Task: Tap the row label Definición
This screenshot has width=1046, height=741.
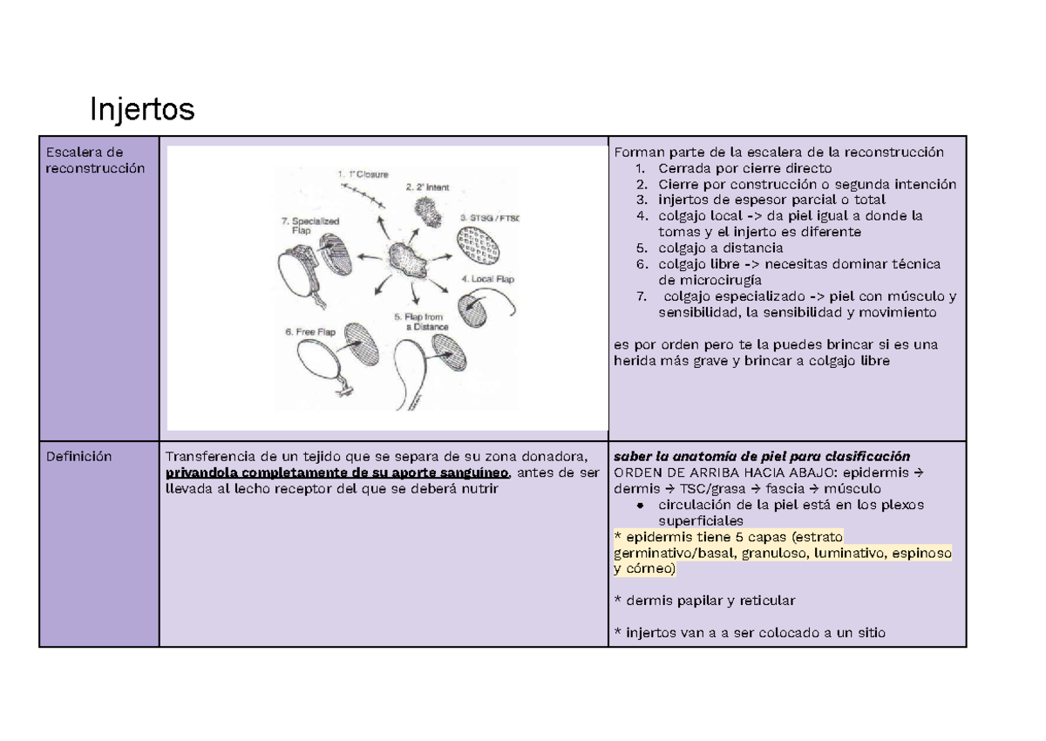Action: coord(81,456)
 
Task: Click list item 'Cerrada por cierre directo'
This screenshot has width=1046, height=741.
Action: coord(744,168)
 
